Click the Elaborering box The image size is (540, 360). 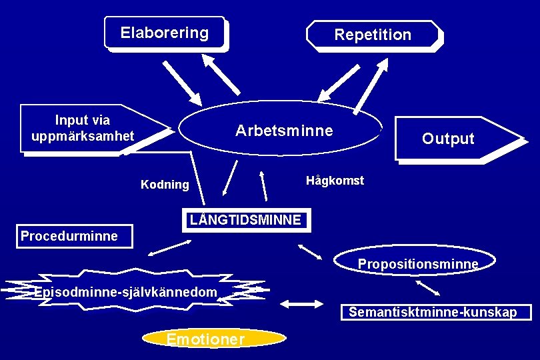(x=165, y=33)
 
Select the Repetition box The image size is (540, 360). (x=373, y=35)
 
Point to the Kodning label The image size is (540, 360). (x=165, y=185)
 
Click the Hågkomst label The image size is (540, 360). (x=335, y=181)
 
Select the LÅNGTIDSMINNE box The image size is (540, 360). (x=246, y=219)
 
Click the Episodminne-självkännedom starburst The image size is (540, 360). (x=127, y=291)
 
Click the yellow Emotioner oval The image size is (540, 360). (x=205, y=339)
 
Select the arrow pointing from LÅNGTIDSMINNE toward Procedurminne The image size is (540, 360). (x=169, y=247)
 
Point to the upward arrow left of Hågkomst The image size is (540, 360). (x=264, y=183)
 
